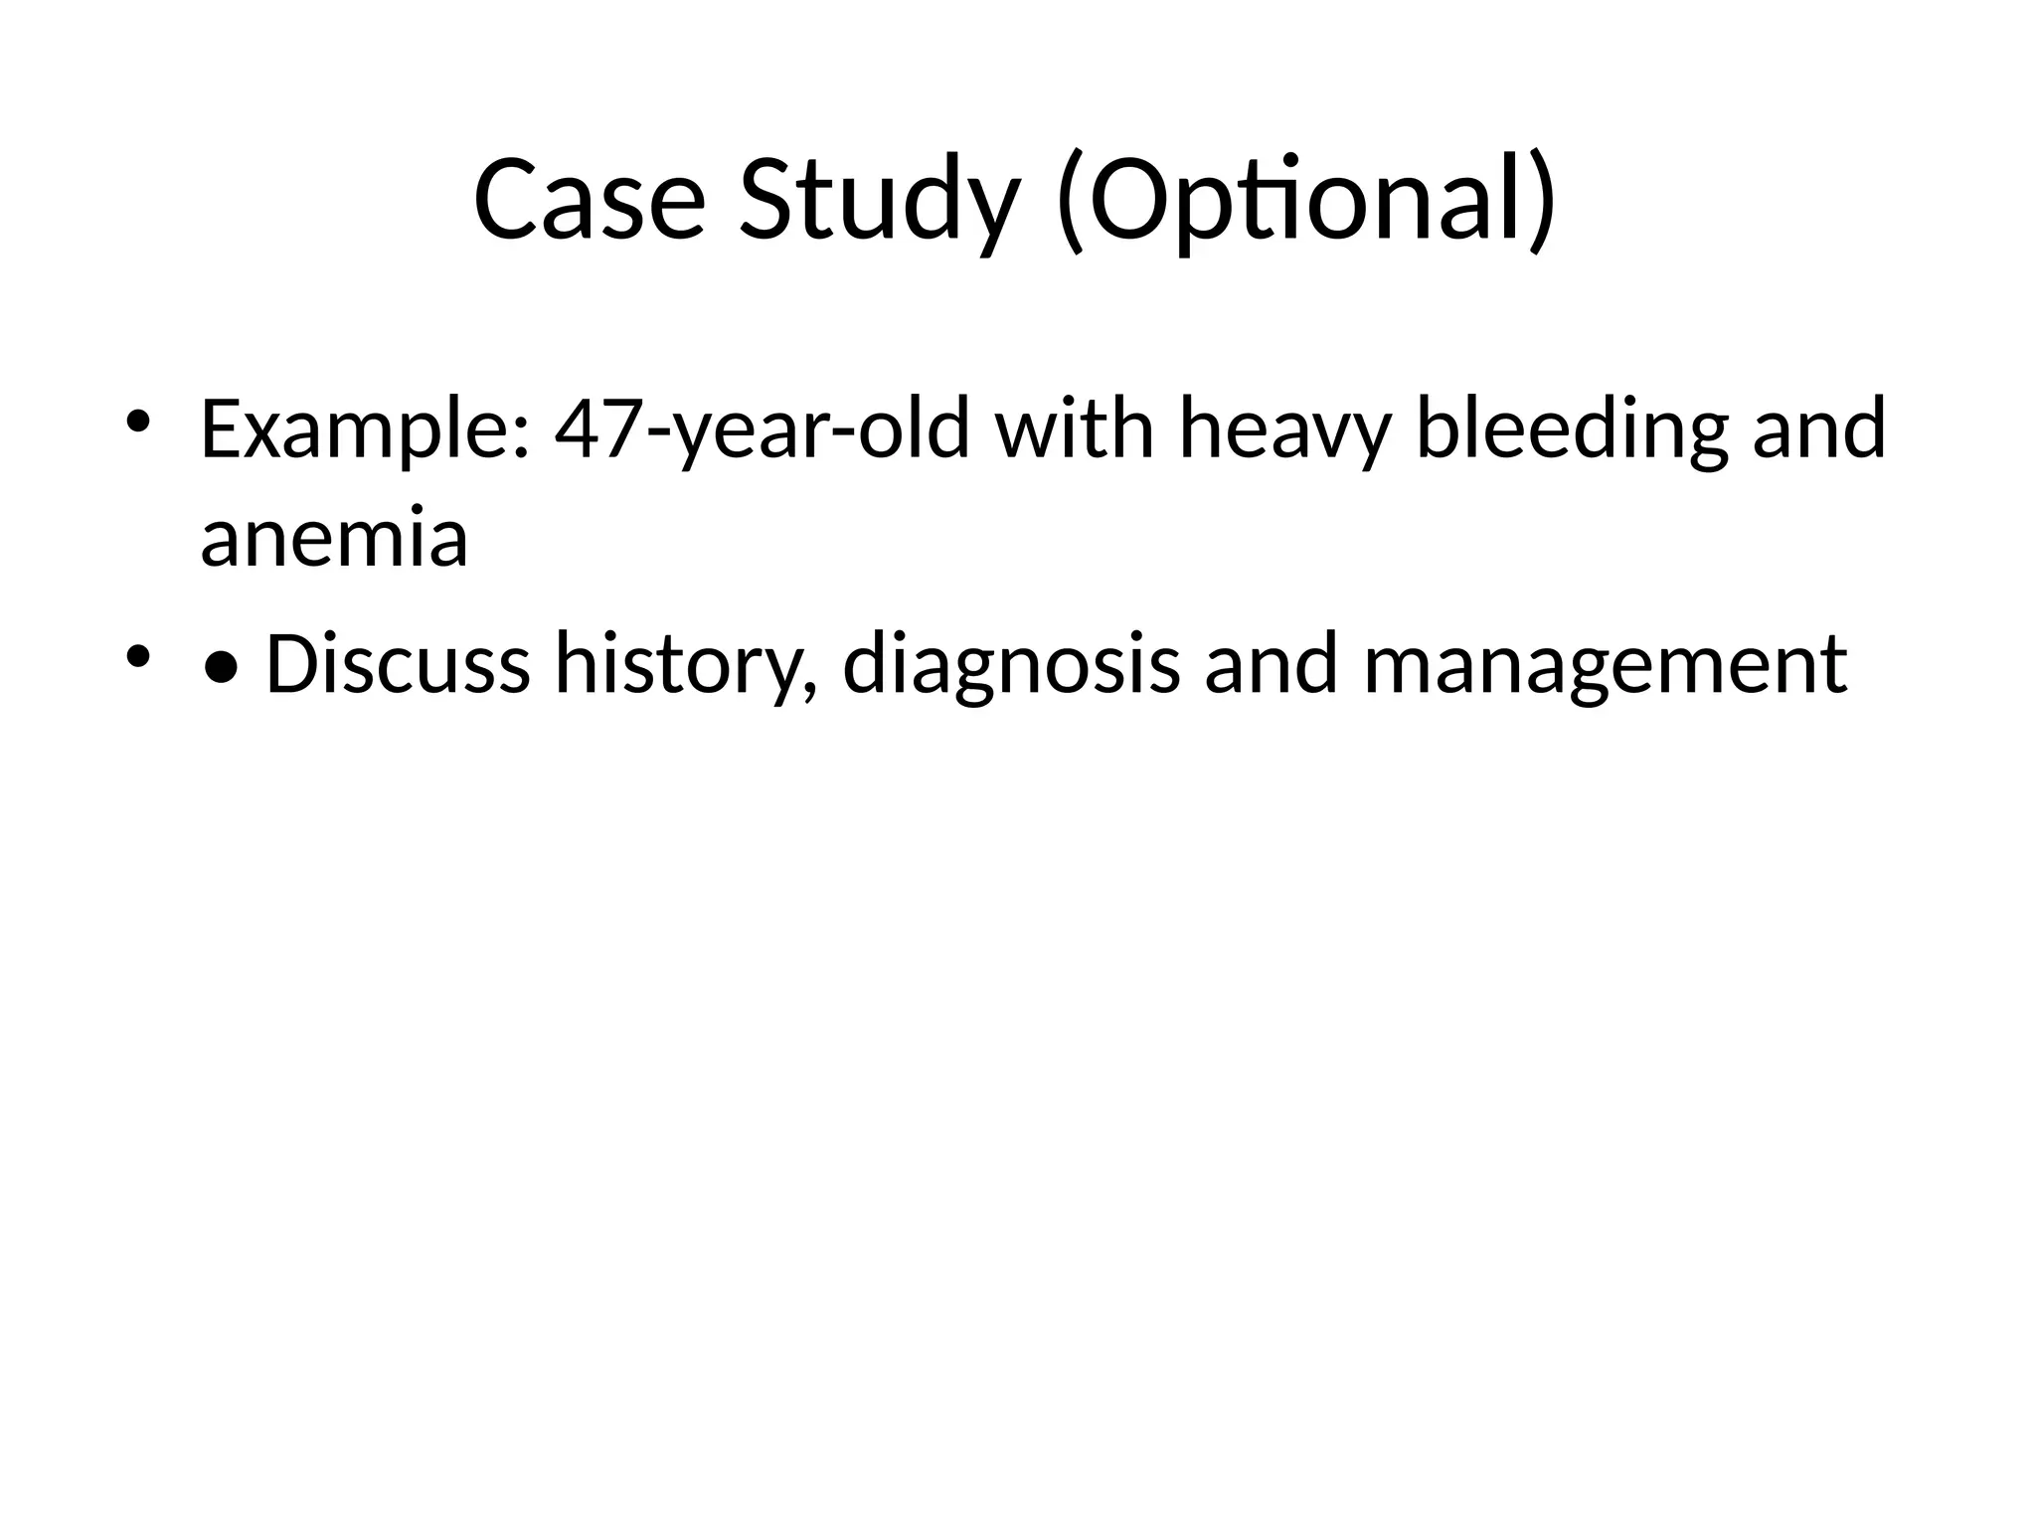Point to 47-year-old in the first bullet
pos(762,429)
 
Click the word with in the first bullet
pos(1074,429)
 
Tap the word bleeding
pos(1571,429)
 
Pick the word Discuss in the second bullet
pos(398,664)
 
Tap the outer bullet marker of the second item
pos(137,656)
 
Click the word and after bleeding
pos(1818,429)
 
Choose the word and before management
pos(1272,664)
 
